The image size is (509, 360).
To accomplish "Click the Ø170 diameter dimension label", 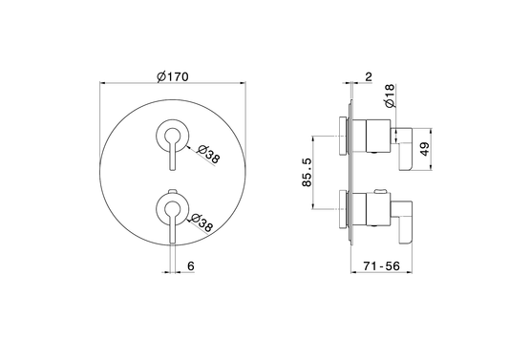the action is pos(172,77).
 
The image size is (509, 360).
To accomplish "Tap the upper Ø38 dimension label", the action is pos(209,154).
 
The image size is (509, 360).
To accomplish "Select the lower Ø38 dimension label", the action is pos(201,223).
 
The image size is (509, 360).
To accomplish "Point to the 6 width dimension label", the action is pos(191,265).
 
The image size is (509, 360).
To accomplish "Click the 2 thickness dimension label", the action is pos(369,77).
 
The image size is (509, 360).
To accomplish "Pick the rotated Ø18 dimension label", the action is pos(390,95).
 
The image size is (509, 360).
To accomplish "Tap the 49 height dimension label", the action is pos(425,149).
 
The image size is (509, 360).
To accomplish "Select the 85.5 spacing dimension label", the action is pos(307,173).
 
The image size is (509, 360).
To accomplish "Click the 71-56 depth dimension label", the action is pos(382,266).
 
